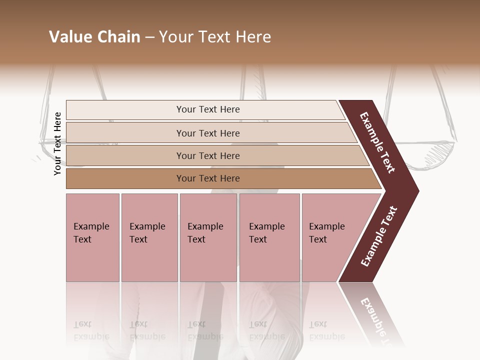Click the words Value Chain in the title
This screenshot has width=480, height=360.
point(94,37)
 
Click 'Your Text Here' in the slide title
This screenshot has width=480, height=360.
point(215,37)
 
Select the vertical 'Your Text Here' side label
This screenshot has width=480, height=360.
point(57,143)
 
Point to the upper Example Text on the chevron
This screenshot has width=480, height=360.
point(378,142)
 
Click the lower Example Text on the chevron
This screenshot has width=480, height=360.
point(379,236)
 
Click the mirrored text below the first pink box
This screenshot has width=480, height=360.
point(91,330)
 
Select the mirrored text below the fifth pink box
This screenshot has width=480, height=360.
point(326,330)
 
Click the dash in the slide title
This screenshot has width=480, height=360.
point(149,37)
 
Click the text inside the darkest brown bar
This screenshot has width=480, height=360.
point(208,178)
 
